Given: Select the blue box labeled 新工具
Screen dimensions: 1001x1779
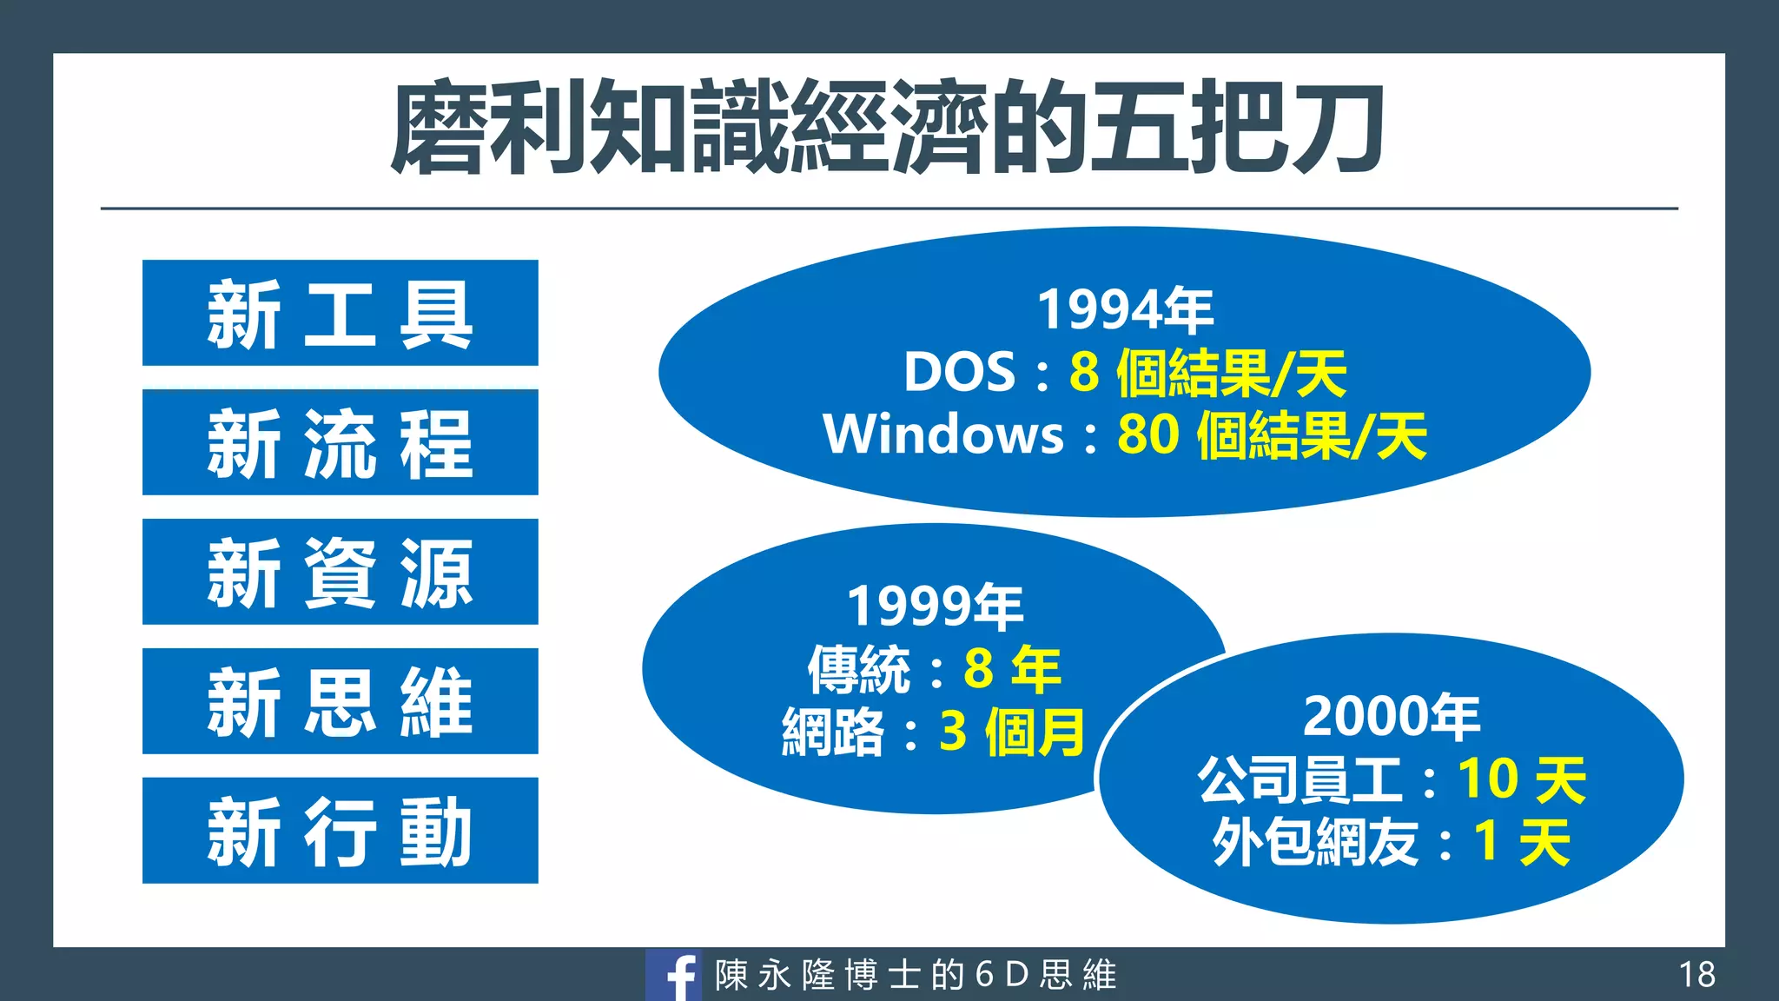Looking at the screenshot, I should coord(340,313).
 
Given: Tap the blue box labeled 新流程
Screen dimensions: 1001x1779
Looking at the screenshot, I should coord(340,442).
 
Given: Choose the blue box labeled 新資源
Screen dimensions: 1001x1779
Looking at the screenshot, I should coord(340,572).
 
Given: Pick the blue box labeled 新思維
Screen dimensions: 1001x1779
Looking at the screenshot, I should coord(340,701).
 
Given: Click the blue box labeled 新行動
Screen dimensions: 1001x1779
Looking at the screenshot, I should coord(340,831).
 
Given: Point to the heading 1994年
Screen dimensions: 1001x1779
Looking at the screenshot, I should coord(1125,310).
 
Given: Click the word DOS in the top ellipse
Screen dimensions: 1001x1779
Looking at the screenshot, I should coord(959,373).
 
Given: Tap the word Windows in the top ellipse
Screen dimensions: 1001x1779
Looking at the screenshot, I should coord(943,434).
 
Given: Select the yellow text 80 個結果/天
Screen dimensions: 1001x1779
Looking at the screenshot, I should coord(1272,435).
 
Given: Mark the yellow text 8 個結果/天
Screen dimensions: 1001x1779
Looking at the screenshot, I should coord(1207,374).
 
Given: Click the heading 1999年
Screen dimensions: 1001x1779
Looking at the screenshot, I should coord(935,607).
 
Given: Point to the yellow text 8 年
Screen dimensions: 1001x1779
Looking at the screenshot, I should coord(1012,669).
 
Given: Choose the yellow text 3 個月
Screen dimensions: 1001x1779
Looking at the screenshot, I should coord(1012,732).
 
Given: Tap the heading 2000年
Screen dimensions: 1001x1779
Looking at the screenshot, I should coord(1391,717).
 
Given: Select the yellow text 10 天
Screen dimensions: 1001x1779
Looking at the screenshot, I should coord(1521,779).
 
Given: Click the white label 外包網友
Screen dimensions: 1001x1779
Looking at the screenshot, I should coord(1315,841).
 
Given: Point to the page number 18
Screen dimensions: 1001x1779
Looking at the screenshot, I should coord(1696,975).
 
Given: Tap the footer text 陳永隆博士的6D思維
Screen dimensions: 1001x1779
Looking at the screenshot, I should coord(916,976).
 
